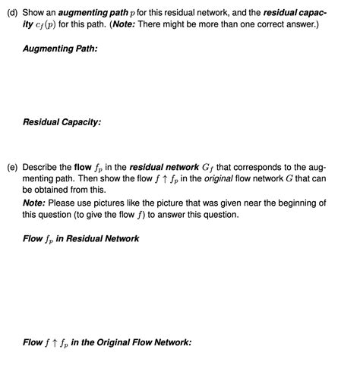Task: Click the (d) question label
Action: click(x=12, y=14)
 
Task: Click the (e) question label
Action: click(x=12, y=166)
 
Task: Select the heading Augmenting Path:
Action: click(x=60, y=49)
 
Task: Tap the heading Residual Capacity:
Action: click(x=62, y=121)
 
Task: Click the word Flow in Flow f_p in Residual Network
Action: click(x=33, y=238)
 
